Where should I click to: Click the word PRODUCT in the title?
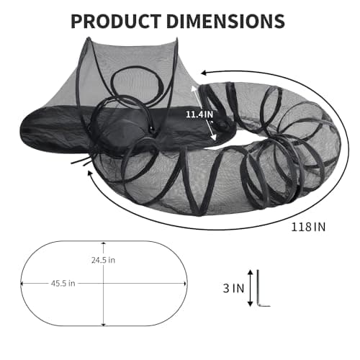pyautogui.click(x=119, y=21)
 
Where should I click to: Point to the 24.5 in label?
pyautogui.click(x=104, y=259)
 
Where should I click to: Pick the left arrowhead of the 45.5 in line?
pyautogui.click(x=24, y=283)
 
